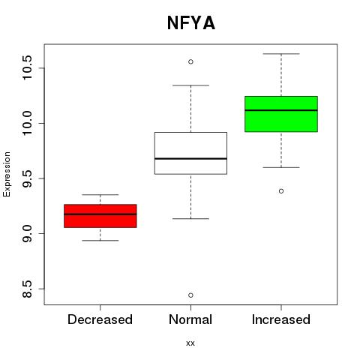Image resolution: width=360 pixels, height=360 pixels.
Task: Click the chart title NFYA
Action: click(x=191, y=23)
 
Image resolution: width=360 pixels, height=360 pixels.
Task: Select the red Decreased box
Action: click(x=100, y=216)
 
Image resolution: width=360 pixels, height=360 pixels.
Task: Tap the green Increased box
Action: click(x=281, y=114)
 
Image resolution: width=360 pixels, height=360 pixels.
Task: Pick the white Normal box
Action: click(x=190, y=153)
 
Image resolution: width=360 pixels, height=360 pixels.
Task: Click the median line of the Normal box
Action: click(x=190, y=158)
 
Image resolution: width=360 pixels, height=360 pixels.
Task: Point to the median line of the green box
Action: click(x=281, y=110)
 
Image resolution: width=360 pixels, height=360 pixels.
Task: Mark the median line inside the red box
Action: click(x=100, y=214)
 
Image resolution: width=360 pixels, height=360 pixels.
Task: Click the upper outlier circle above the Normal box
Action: click(x=190, y=61)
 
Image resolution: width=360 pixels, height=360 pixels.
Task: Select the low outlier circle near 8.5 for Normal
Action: click(x=190, y=295)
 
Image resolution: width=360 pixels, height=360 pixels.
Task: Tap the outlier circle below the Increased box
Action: click(x=281, y=191)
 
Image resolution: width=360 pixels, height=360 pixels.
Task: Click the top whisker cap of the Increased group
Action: click(x=281, y=54)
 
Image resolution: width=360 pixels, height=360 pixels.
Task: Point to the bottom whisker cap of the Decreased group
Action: click(x=100, y=241)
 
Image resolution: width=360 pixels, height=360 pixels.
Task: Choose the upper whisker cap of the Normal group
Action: click(x=190, y=85)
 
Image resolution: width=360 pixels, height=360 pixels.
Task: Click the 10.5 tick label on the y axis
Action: click(x=27, y=68)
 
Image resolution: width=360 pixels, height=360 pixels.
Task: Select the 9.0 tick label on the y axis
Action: click(x=27, y=233)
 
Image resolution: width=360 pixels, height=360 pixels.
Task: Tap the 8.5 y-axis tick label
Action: click(x=27, y=289)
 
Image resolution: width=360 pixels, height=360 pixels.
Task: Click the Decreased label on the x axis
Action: click(x=100, y=319)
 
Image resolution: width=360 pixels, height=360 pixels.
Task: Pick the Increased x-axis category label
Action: click(x=281, y=319)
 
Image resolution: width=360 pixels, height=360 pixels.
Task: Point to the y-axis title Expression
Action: click(x=7, y=174)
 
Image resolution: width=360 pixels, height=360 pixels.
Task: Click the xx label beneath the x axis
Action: click(x=190, y=343)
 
